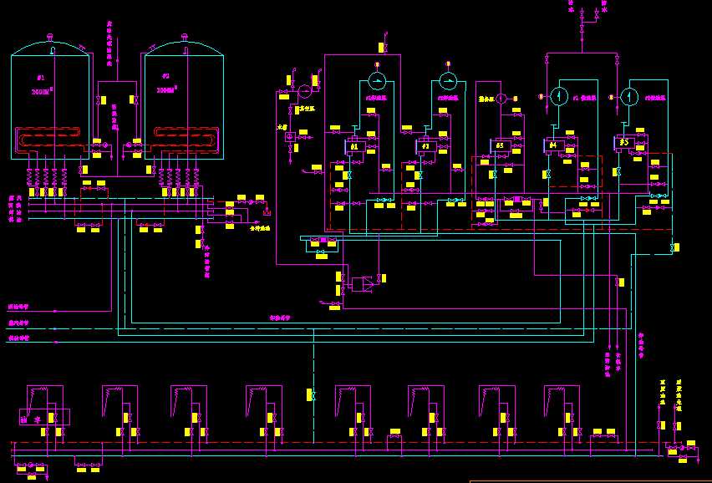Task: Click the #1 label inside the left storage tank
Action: click(40, 77)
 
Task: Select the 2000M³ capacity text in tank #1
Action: click(42, 90)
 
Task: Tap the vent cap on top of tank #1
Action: click(50, 36)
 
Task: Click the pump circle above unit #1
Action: click(377, 81)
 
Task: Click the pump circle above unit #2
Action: click(448, 81)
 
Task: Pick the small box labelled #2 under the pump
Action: click(425, 146)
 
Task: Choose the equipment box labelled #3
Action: click(501, 145)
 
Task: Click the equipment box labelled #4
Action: click(552, 145)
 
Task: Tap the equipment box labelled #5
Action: click(624, 142)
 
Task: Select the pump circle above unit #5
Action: click(629, 95)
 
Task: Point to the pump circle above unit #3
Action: click(501, 99)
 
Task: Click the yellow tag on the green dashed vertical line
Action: click(311, 394)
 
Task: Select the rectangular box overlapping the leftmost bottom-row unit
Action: click(44, 416)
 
